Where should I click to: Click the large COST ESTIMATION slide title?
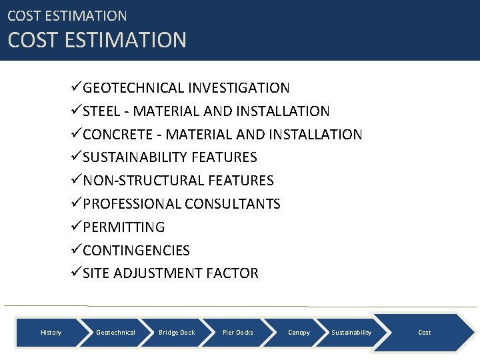(97, 40)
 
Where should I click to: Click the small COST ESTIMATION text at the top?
(67, 15)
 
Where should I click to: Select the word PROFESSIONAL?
(132, 204)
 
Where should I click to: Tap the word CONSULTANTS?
(233, 204)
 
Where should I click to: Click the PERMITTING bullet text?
(123, 227)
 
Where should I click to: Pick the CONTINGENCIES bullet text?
(136, 251)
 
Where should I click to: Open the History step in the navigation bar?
(51, 332)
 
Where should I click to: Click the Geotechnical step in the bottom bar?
(115, 332)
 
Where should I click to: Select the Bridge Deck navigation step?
(177, 332)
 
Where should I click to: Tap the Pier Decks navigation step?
(238, 332)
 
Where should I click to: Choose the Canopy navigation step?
(299, 332)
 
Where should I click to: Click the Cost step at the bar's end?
(424, 332)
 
